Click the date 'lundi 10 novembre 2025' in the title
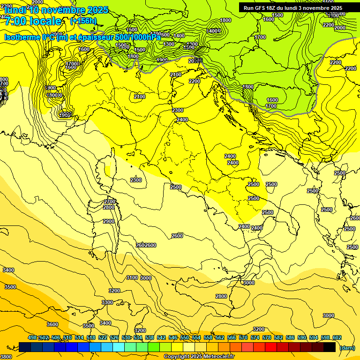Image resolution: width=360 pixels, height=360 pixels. [x=56, y=9]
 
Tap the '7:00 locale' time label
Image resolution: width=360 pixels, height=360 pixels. [x=32, y=21]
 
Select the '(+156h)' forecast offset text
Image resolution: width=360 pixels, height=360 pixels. [x=83, y=21]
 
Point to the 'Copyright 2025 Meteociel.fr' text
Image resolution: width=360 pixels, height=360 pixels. [x=199, y=357]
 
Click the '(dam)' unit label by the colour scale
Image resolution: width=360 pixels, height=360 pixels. [x=346, y=348]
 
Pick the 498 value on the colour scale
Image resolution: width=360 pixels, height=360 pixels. [x=32, y=337]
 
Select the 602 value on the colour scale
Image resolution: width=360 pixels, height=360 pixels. [x=337, y=337]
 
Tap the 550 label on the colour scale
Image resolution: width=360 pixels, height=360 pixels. [x=184, y=337]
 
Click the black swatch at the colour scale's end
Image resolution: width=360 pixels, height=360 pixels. [x=329, y=347]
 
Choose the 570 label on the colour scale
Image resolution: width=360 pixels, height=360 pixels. [x=243, y=337]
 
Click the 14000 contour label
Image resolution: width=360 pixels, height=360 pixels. [x=214, y=31]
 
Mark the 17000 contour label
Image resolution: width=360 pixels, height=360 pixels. [x=73, y=64]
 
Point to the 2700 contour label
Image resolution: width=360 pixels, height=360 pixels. [x=110, y=202]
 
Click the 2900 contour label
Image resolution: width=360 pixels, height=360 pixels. [x=109, y=221]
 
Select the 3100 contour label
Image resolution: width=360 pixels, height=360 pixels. [x=132, y=277]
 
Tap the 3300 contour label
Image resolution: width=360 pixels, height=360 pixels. [x=107, y=302]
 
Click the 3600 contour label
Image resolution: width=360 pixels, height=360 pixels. [x=52, y=324]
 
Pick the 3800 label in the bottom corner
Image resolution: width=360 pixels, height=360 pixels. [x=6, y=356]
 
